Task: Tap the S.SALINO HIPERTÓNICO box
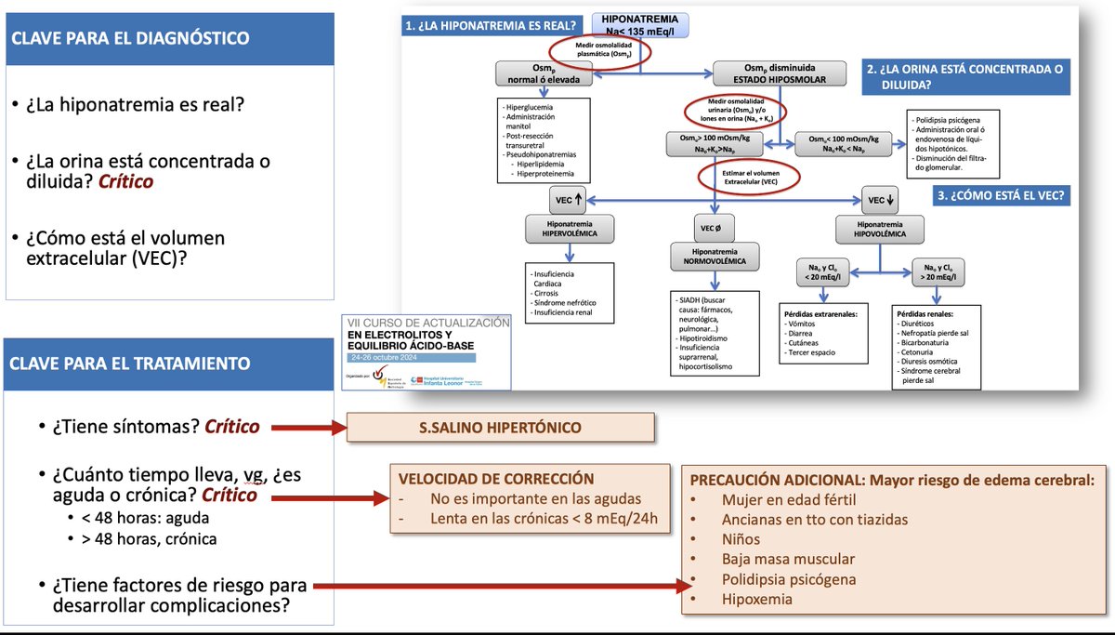coord(500,428)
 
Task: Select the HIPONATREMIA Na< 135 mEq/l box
coord(640,25)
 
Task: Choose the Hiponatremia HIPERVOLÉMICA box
coord(569,229)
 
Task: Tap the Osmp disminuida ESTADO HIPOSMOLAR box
coord(780,73)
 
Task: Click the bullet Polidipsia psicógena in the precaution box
coord(789,579)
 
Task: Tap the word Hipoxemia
coord(757,600)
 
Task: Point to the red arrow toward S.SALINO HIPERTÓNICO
coord(301,429)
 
